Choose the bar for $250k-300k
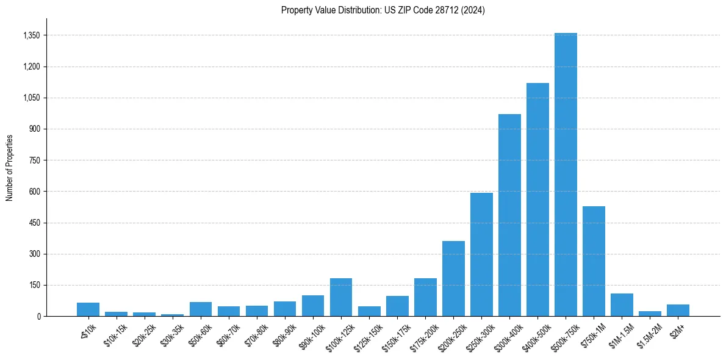click(481, 254)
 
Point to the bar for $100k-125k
click(341, 297)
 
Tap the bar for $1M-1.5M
click(622, 304)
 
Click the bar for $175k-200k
click(425, 297)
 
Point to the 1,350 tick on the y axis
click(31, 35)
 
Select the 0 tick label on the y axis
click(38, 316)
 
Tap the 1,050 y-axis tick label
click(31, 98)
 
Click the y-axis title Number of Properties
click(9, 168)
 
